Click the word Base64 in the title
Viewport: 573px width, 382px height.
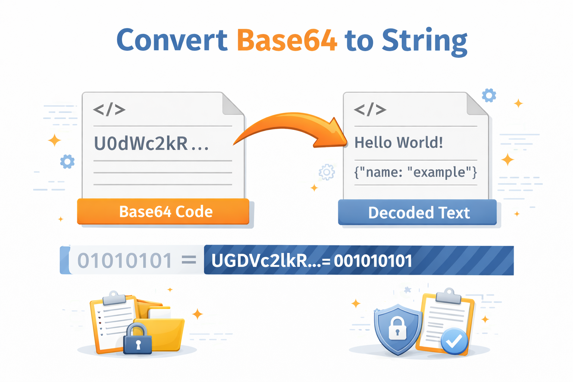coord(287,40)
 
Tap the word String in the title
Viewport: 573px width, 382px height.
coord(424,41)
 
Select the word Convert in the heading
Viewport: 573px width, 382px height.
coord(172,40)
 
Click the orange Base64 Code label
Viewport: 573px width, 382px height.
coord(163,212)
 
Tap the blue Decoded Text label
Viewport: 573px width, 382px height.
coord(418,213)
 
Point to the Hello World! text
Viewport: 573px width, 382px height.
coord(398,143)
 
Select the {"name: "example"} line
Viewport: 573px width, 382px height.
coord(415,172)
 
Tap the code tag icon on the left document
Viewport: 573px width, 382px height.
coord(109,110)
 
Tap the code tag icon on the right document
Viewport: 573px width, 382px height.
coord(370,110)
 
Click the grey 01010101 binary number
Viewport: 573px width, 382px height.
coord(125,260)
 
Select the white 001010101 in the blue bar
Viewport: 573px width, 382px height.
coord(373,261)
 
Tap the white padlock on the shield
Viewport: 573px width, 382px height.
coord(397,328)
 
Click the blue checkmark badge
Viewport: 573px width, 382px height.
coord(454,341)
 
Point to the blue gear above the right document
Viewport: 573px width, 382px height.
coord(489,95)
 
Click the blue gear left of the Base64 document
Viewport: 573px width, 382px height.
coord(67,162)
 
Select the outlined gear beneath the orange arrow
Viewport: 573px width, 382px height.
coord(327,172)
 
